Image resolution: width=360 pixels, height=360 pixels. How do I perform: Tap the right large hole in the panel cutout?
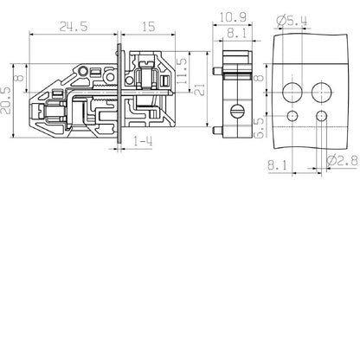[x=322, y=91]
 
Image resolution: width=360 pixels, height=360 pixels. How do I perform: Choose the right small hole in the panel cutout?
[x=322, y=115]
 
